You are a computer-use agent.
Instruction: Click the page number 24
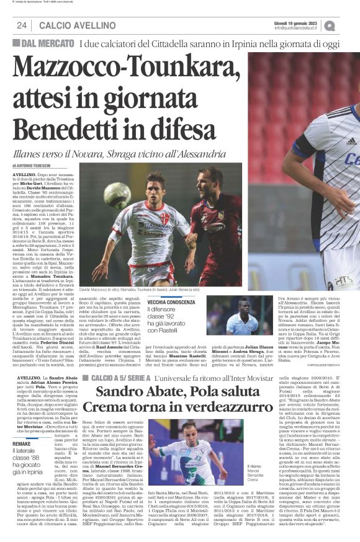(21, 25)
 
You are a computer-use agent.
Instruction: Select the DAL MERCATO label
(43, 43)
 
